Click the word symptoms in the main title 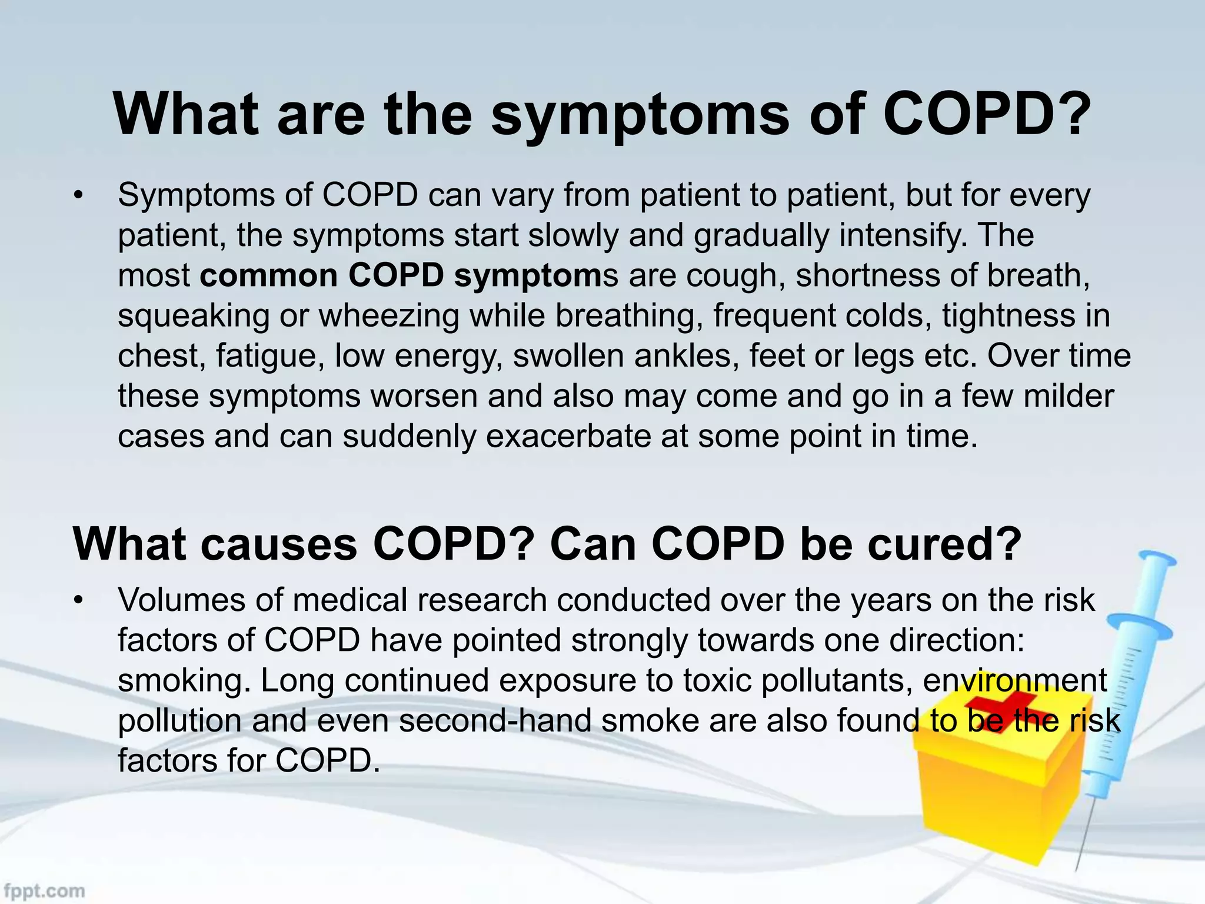(x=640, y=115)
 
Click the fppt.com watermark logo (x=44, y=890)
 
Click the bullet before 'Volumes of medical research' (x=77, y=601)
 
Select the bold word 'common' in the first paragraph (x=269, y=275)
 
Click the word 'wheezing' (x=389, y=315)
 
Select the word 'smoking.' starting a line (x=184, y=681)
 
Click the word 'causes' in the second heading (x=279, y=544)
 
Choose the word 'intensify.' (x=903, y=235)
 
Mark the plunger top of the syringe (x=1156, y=559)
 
